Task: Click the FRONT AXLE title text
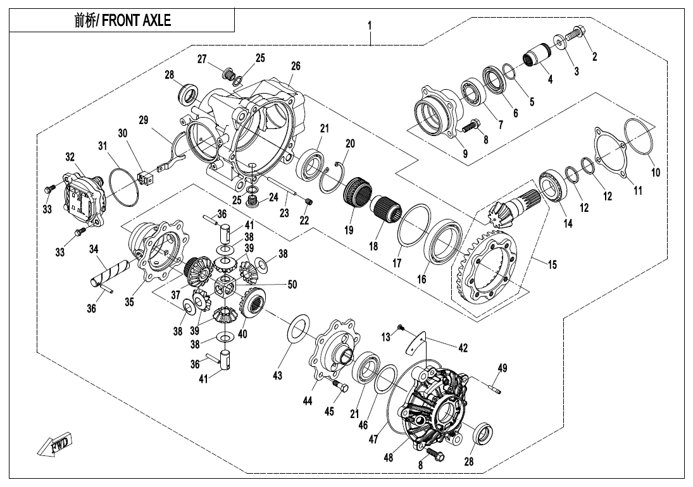[122, 20]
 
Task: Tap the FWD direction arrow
[55, 445]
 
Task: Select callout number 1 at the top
[370, 27]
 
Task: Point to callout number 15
[553, 265]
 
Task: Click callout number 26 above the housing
[296, 66]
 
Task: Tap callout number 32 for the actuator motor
[70, 156]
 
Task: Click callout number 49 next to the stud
[503, 368]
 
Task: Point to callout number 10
[656, 172]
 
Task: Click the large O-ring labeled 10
[637, 137]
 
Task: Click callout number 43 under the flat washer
[277, 376]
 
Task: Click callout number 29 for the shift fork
[143, 120]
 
